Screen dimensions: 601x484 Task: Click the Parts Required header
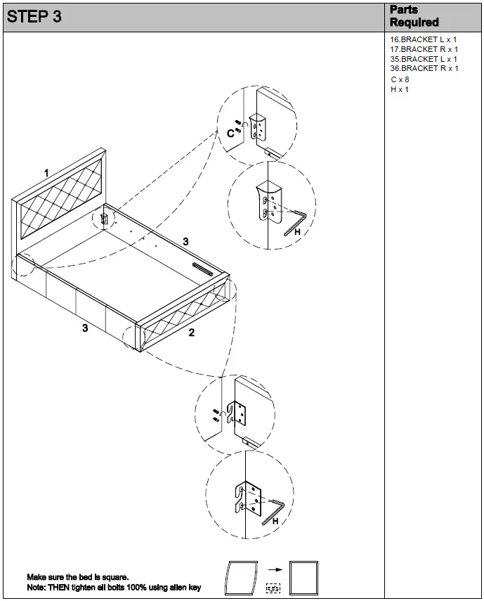point(414,16)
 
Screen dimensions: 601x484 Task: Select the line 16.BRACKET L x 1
point(424,40)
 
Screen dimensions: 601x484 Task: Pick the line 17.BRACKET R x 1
point(424,50)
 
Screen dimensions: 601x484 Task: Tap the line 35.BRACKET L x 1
point(424,59)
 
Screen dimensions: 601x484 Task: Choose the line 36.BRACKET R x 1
point(424,68)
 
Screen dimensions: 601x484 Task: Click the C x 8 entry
point(400,79)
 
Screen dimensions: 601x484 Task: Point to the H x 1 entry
point(399,89)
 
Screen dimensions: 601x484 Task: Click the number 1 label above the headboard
point(46,173)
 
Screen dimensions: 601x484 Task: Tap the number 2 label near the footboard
point(191,332)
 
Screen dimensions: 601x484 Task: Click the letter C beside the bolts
point(230,134)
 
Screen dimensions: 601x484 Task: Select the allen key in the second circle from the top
point(293,221)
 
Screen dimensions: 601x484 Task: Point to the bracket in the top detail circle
point(259,127)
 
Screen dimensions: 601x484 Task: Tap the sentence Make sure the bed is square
point(78,576)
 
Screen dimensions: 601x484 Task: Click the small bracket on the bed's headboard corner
point(105,219)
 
